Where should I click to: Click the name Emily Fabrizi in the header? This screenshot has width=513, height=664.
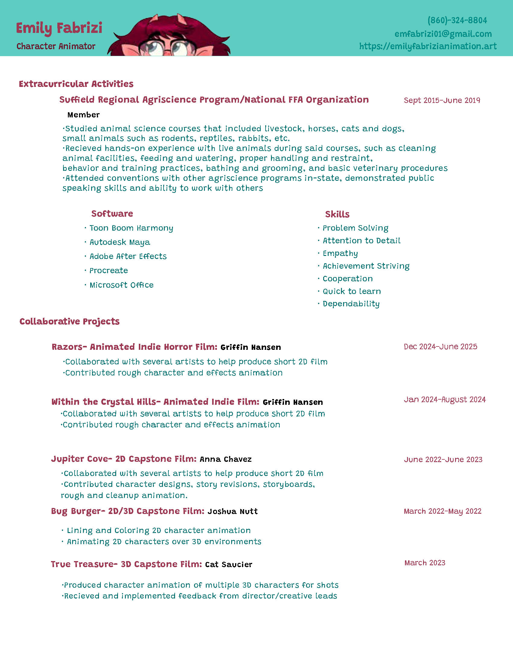click(x=59, y=28)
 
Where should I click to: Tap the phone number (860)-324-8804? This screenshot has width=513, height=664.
click(x=457, y=20)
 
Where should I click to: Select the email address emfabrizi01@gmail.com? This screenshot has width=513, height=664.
click(x=443, y=34)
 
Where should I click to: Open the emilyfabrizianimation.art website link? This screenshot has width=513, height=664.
click(x=428, y=46)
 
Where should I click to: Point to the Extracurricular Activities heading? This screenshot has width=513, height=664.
click(x=76, y=84)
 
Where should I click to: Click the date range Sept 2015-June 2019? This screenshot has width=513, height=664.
click(x=442, y=100)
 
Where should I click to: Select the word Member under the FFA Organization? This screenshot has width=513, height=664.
click(x=83, y=115)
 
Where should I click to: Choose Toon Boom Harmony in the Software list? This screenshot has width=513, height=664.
click(x=131, y=228)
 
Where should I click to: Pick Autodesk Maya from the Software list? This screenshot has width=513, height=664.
click(x=120, y=242)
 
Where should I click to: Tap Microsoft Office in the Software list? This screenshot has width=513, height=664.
click(x=121, y=285)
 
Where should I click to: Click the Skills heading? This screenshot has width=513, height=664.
click(x=337, y=214)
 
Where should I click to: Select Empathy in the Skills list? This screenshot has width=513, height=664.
click(x=340, y=253)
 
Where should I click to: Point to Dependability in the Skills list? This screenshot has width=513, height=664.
click(x=351, y=304)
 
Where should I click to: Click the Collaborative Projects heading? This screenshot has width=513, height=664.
click(x=69, y=321)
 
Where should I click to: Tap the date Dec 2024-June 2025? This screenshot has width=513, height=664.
click(x=440, y=346)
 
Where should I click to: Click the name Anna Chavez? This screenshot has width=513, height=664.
click(x=225, y=459)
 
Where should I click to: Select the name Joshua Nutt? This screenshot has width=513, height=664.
click(x=232, y=511)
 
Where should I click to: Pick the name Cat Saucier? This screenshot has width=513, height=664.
click(x=228, y=565)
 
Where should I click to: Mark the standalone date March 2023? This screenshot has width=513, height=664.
click(x=425, y=563)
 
